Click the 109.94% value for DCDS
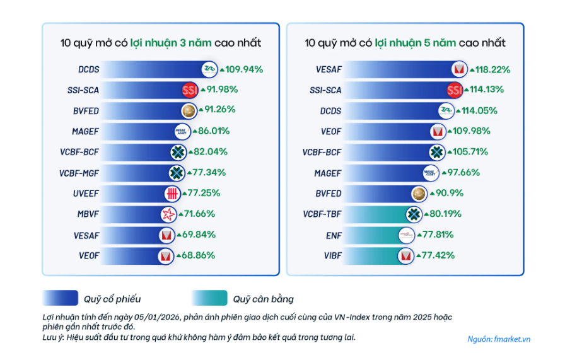point(241,69)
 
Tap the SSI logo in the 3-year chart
point(188,90)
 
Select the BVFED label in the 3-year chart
point(86,111)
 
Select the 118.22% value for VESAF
point(489,69)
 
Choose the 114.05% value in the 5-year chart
point(482,111)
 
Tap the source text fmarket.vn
point(499,339)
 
